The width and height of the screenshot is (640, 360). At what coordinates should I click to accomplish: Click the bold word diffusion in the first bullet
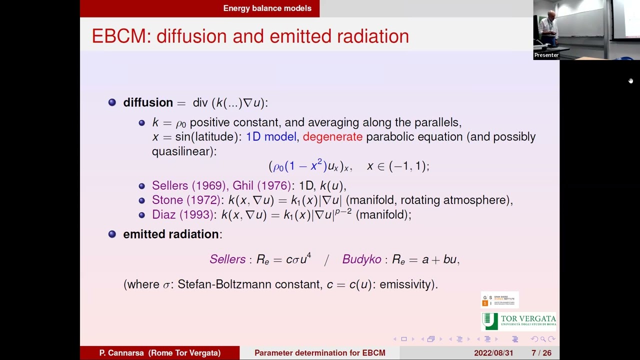point(148,102)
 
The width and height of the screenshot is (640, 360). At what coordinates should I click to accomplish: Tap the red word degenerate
point(332,137)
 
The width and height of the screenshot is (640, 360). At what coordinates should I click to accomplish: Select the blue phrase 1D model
point(271,137)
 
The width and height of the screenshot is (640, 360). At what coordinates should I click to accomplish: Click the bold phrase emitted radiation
point(171,234)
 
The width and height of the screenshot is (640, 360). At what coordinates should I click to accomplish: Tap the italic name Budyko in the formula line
point(361,259)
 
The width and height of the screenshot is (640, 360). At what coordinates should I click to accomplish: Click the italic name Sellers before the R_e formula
point(227,259)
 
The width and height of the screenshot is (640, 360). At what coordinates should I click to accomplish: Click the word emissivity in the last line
point(407,284)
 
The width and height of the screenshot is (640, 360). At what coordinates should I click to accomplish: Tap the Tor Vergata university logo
point(518,321)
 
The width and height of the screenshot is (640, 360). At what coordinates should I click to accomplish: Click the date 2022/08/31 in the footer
point(493,353)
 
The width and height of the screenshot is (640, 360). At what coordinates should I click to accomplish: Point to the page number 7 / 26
point(541,353)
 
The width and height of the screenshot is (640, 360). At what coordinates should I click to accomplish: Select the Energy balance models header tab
point(267,8)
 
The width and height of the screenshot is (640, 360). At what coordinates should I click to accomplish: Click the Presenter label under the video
point(546,55)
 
